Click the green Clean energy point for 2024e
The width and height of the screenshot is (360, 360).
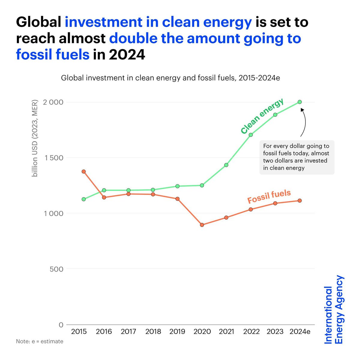299,102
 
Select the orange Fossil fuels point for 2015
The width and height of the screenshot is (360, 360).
84,172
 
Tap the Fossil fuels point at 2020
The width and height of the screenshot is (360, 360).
202,225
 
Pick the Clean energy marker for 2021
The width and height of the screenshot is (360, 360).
226,165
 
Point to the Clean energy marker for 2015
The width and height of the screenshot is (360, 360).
84,199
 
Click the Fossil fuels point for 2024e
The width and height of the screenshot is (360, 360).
299,201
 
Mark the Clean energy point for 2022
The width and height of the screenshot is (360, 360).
251,135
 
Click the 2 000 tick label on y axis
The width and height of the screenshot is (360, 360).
53,102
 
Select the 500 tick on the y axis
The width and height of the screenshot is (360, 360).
56,269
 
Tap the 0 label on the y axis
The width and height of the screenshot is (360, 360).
61,325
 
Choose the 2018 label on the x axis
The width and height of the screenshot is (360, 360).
153,332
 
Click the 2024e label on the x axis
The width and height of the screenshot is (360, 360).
300,332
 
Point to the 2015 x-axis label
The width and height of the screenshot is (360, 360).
79,332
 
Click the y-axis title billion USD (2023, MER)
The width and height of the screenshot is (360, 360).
35,138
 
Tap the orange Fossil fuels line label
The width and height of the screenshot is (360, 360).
269,196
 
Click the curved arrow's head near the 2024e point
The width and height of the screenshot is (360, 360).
302,110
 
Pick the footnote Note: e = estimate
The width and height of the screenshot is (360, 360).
40,341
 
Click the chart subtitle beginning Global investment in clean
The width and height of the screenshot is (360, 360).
170,78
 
